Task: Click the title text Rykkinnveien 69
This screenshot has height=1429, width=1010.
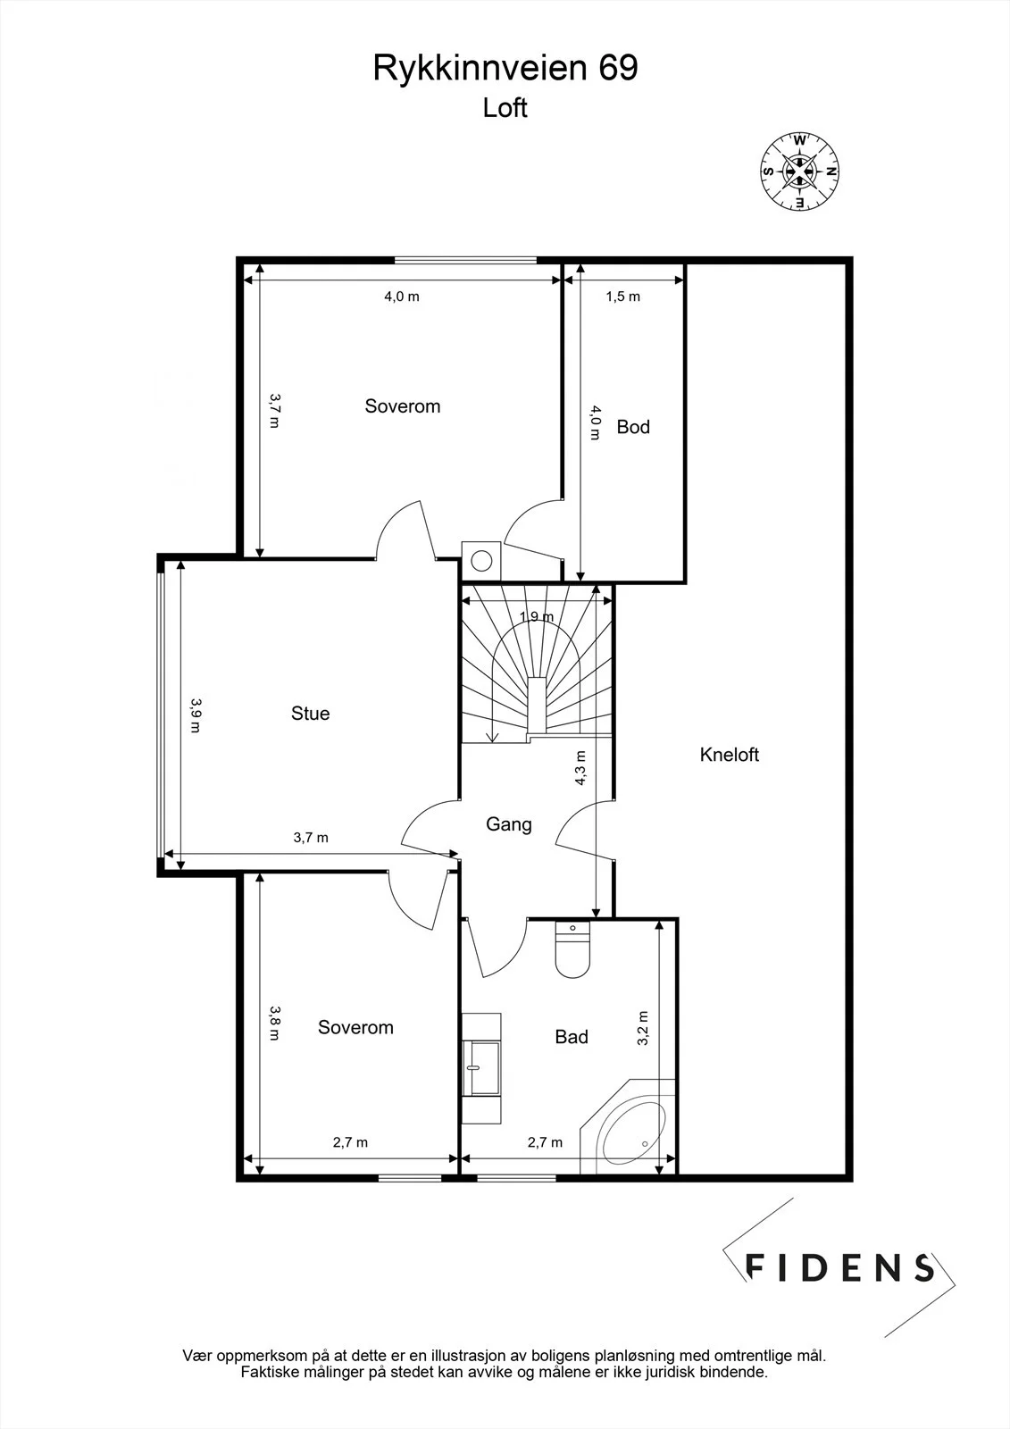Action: [x=505, y=68]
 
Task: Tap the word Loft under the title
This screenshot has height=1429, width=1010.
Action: [x=505, y=108]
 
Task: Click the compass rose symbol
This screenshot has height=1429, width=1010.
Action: [x=799, y=171]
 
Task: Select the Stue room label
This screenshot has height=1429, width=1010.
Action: [x=310, y=713]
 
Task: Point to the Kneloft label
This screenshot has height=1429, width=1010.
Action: [x=730, y=755]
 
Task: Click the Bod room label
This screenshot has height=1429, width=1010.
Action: [x=633, y=427]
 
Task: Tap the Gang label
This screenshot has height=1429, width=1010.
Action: [x=508, y=824]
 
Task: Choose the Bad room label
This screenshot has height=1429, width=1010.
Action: [x=571, y=1037]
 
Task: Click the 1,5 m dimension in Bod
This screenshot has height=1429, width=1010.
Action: [x=622, y=296]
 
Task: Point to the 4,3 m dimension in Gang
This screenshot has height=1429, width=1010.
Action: [x=580, y=767]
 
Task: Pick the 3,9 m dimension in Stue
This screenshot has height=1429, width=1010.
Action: [x=196, y=715]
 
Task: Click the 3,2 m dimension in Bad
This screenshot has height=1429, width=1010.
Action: [x=642, y=1028]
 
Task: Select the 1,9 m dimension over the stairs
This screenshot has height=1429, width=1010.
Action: [x=537, y=616]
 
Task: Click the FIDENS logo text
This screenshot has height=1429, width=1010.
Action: [x=839, y=1267]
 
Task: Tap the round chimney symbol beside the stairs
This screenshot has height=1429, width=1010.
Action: [x=481, y=562]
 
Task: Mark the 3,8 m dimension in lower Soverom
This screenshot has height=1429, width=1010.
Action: [x=274, y=1023]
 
